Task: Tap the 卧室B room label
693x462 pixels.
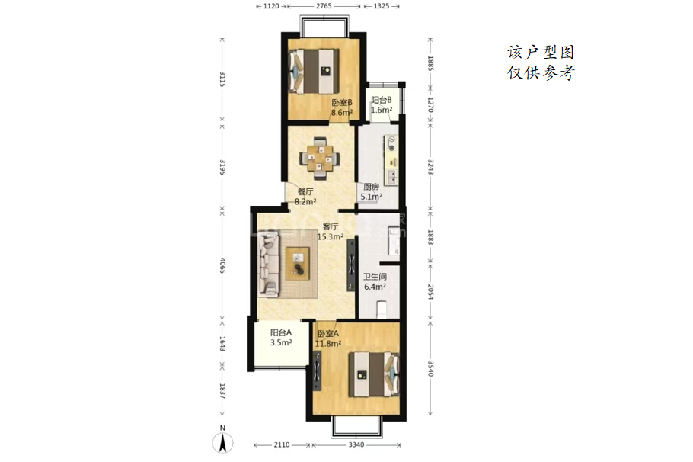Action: coord(342,102)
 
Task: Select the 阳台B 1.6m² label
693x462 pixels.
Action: coord(382,105)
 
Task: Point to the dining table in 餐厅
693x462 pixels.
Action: coord(321,159)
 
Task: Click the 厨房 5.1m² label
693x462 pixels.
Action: coord(372,191)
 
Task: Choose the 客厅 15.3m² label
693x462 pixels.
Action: coord(331,232)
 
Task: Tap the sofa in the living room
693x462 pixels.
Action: coord(269,264)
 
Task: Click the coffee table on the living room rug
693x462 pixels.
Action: coord(298,264)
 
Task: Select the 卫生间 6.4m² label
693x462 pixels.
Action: coord(375,281)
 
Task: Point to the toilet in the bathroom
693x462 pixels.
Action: coord(382,310)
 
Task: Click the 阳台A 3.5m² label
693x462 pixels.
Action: coord(281,337)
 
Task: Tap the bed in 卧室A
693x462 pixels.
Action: coord(374,374)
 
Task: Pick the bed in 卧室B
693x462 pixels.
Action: coord(314,71)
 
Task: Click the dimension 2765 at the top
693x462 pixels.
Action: coord(324,6)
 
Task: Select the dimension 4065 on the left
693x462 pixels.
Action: coord(222,265)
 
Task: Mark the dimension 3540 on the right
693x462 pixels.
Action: coord(430,368)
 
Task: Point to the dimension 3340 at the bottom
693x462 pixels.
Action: coord(356,444)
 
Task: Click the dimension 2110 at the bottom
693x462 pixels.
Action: coord(282,444)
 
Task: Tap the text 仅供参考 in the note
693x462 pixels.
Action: coord(541,72)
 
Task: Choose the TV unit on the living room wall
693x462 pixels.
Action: coord(351,265)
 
